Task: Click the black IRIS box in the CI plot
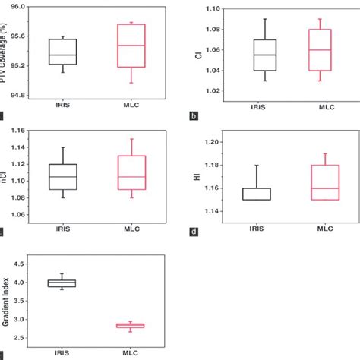coord(264,55)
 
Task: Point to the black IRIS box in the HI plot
coord(264,194)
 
